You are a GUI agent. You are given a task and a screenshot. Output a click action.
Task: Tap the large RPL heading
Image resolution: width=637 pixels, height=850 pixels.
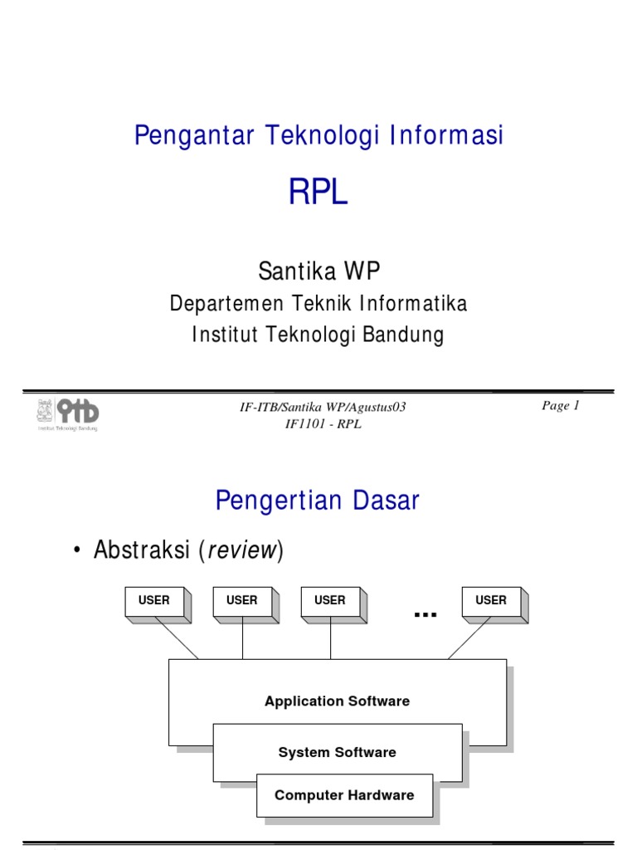pos(318,193)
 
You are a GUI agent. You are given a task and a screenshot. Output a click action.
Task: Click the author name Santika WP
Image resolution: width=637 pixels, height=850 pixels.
pos(318,271)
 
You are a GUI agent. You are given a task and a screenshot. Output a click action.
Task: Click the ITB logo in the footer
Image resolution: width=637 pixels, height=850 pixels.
pos(67,413)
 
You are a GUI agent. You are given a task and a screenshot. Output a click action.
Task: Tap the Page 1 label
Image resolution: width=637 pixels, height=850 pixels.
pos(561,406)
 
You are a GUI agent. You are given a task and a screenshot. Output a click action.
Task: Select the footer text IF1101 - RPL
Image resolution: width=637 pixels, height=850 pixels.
pos(323,424)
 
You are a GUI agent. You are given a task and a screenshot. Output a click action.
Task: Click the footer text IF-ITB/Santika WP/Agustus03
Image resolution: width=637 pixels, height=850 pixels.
pos(323,407)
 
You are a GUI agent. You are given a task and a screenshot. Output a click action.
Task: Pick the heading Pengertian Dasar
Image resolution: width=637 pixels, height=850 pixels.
pos(318,501)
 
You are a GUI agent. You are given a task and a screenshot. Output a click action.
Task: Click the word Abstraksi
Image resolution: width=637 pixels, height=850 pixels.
pos(143,550)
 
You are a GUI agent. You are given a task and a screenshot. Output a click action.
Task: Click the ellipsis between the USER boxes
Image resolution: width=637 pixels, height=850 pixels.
pos(425,613)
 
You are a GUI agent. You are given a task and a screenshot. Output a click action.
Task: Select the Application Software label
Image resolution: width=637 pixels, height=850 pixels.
pos(337,701)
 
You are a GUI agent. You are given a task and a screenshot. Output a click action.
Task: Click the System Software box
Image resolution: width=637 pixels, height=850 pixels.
pos(337,753)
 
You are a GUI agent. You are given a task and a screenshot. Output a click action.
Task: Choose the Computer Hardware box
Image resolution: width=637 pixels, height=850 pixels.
pos(344,795)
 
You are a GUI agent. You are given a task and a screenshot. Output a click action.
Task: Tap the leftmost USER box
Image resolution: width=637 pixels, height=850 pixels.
pos(154,601)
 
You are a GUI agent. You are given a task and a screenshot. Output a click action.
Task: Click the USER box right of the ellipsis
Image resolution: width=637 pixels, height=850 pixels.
pos(491,601)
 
